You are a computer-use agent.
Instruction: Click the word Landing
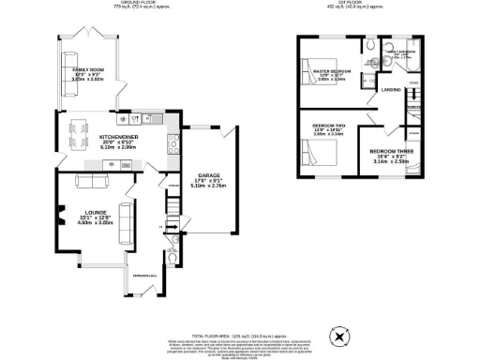click(x=392, y=89)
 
